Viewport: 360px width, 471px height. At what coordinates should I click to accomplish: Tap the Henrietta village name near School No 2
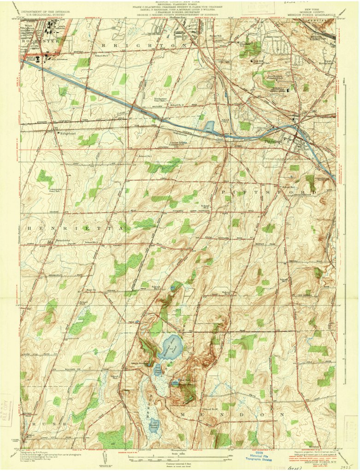coord(59,241)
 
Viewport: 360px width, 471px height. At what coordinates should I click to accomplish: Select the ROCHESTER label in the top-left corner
coord(35,41)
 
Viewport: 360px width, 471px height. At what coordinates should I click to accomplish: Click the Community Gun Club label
coord(56,189)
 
